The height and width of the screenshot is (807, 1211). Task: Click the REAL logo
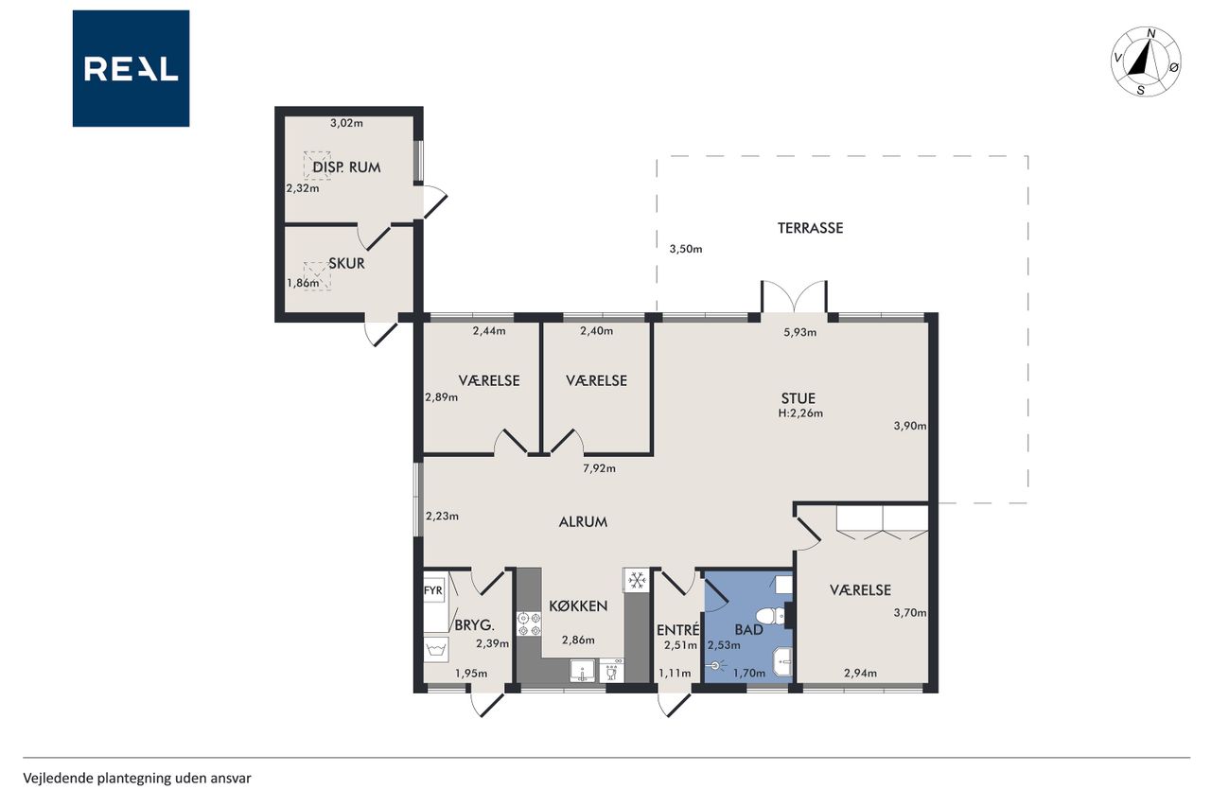click(131, 69)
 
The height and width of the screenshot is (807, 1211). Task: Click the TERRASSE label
click(810, 228)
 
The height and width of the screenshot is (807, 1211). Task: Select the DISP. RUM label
click(346, 167)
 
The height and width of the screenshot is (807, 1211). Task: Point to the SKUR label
click(346, 264)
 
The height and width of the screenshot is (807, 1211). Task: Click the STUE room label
click(798, 398)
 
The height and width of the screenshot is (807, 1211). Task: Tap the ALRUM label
click(583, 522)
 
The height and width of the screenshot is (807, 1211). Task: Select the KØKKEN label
click(578, 605)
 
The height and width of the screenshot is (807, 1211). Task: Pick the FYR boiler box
click(433, 590)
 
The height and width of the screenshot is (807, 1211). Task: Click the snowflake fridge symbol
click(637, 580)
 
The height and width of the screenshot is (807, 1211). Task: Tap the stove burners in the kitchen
click(529, 623)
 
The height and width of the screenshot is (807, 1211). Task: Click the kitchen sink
click(582, 671)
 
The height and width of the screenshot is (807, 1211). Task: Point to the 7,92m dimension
click(599, 468)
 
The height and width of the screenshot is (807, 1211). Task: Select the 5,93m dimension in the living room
click(800, 332)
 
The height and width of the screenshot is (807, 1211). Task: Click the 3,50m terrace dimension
click(686, 249)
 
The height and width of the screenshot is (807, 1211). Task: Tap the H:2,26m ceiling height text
click(800, 413)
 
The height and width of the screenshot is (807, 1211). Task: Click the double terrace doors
click(794, 297)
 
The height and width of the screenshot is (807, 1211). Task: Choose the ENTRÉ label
click(678, 630)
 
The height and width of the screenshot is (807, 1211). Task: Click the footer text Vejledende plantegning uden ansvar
click(137, 779)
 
